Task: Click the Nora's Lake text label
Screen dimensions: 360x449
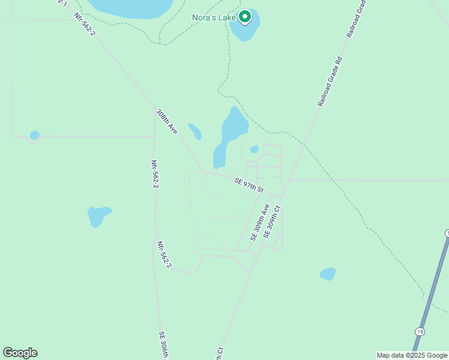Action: [214, 17]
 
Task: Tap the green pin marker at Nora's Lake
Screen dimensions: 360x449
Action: [245, 17]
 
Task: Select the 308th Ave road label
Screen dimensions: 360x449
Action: [166, 121]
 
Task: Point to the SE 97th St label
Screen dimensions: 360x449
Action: [249, 185]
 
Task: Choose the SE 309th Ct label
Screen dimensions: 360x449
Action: [272, 228]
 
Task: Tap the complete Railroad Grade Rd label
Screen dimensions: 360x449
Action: [331, 81]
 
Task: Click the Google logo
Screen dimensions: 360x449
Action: [20, 353]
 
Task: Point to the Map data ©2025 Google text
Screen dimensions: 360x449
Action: [412, 355]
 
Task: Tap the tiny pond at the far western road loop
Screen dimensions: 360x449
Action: [34, 135]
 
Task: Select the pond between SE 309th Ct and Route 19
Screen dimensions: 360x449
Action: [327, 274]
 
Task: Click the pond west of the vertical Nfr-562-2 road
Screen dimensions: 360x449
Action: [99, 215]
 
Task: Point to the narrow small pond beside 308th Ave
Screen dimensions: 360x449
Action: [194, 131]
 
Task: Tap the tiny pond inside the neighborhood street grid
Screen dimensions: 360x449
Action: [254, 149]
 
